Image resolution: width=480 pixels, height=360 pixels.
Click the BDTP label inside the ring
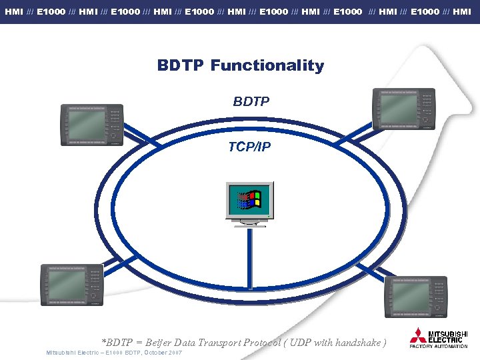pos(251,102)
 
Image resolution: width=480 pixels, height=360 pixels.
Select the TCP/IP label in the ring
pos(249,147)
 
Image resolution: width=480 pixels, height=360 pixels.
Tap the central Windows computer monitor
pos(249,200)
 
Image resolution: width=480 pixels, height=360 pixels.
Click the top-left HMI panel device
pos(92,125)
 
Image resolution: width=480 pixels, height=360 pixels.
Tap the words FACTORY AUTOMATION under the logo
pos(438,347)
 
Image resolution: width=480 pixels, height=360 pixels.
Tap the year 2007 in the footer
pos(175,352)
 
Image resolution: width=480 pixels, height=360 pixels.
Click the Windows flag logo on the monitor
pos(248,199)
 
